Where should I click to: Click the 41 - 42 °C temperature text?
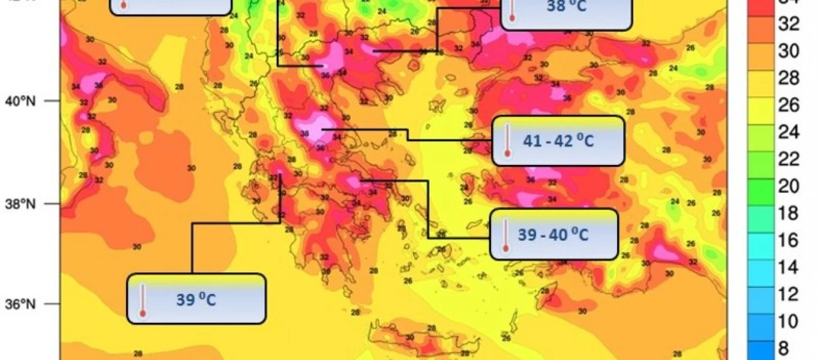[558, 142]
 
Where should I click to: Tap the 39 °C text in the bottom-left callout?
[196, 299]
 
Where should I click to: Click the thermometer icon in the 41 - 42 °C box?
[507, 140]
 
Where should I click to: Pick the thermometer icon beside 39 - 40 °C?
[505, 234]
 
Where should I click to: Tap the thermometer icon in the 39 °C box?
[142, 299]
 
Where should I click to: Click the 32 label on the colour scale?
[788, 24]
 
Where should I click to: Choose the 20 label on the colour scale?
[788, 187]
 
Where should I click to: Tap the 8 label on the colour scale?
[783, 348]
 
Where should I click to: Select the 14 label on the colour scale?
[788, 268]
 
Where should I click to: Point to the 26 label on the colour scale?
[788, 106]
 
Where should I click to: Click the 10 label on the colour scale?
[788, 322]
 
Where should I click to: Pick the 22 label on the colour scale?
[788, 160]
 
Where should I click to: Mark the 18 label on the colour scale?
[788, 214]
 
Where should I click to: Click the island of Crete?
[420, 340]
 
